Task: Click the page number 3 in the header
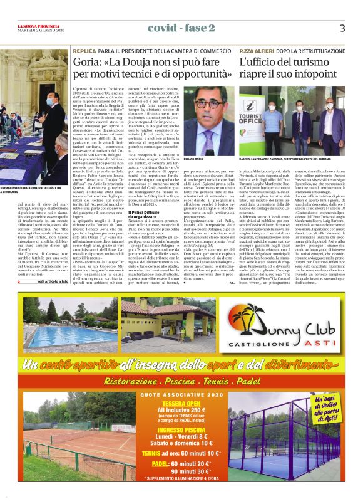pos(342,28)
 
